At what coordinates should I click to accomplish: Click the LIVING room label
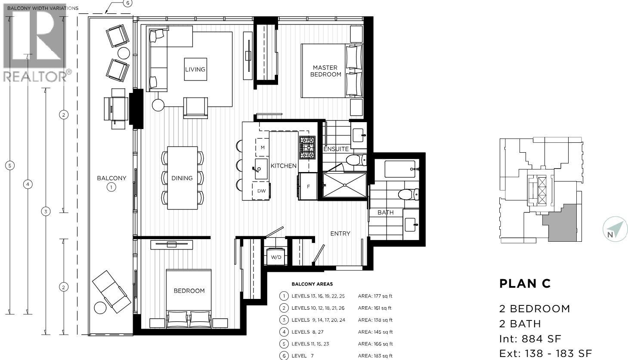(x=195, y=69)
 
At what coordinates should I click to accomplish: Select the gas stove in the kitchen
(x=307, y=147)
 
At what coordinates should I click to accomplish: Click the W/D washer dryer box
(x=276, y=257)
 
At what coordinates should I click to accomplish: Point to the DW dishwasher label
(x=261, y=191)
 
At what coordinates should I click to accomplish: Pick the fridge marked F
(x=308, y=186)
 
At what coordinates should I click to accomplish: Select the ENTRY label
(x=340, y=234)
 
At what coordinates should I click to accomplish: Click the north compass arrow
(x=615, y=229)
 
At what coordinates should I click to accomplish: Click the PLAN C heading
(x=525, y=284)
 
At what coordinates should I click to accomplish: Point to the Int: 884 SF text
(x=530, y=339)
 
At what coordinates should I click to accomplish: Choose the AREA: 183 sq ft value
(x=375, y=356)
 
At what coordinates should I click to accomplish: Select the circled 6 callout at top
(x=127, y=3)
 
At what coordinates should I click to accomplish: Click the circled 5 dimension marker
(x=9, y=165)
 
